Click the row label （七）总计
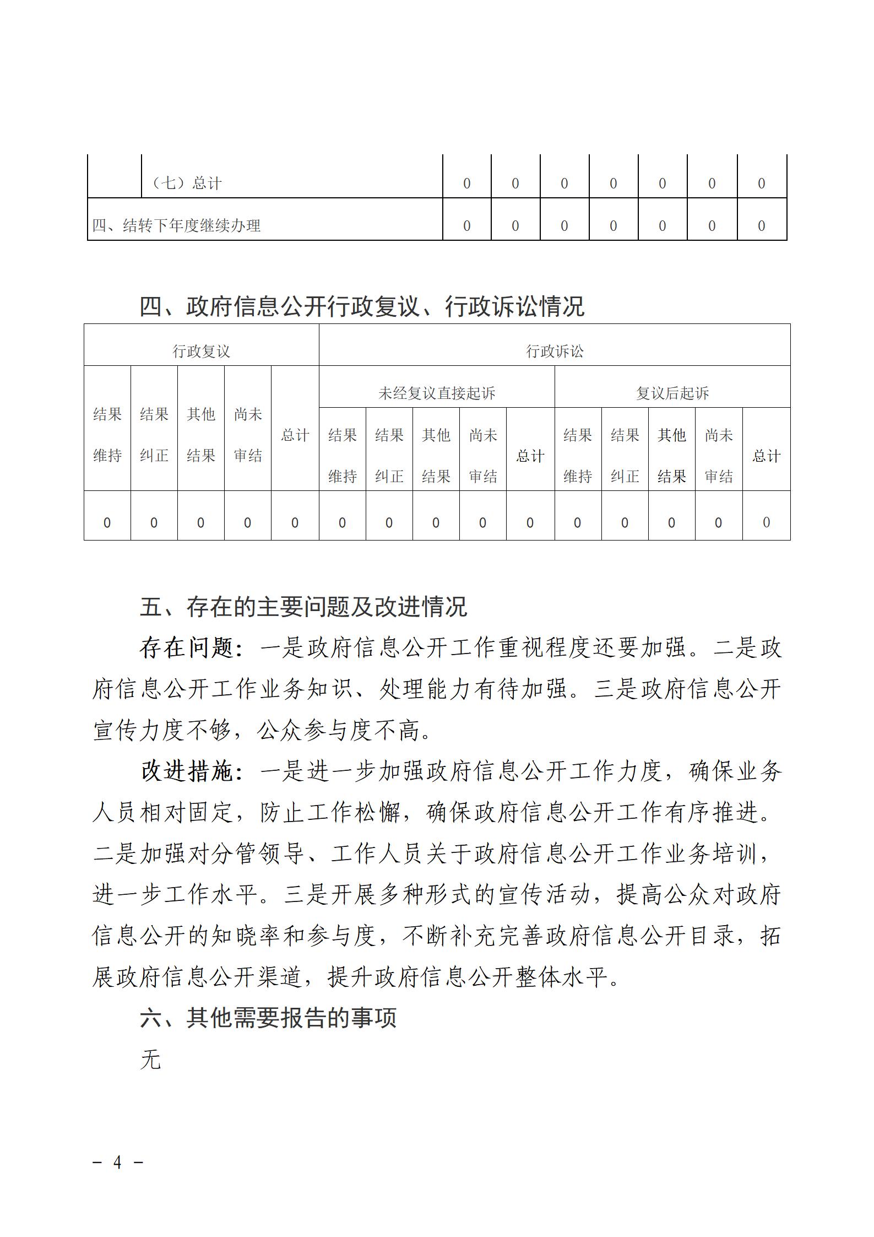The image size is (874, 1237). [187, 183]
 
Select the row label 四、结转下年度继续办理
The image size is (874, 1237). [176, 225]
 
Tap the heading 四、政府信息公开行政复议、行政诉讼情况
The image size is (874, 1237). [362, 306]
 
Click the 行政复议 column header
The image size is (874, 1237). [201, 351]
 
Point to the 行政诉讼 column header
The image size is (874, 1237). [554, 351]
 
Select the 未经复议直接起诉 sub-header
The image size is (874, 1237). [436, 393]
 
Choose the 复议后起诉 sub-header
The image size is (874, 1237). [672, 393]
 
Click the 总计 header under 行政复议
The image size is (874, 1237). [295, 435]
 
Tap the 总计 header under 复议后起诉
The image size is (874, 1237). [766, 456]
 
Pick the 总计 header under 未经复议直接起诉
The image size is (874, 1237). [530, 456]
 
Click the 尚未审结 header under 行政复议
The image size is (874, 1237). [248, 435]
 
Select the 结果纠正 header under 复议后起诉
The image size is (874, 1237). [625, 456]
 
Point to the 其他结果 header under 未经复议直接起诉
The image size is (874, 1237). [436, 456]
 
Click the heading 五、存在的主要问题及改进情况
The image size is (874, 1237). [303, 607]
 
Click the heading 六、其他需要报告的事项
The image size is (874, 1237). [268, 1018]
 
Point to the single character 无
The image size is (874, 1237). [150, 1059]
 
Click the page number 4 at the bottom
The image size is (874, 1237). [117, 1162]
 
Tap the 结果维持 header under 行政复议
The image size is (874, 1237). [107, 435]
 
